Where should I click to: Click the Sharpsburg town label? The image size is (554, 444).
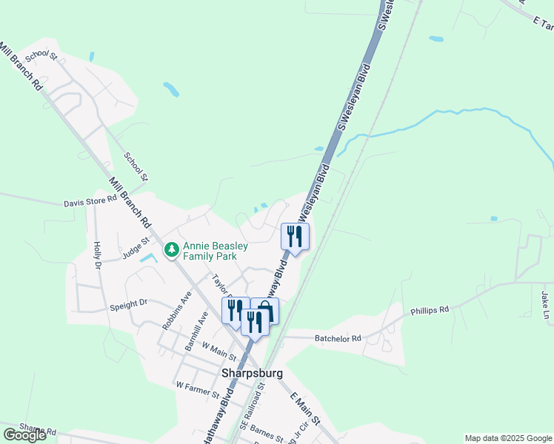click(x=253, y=374)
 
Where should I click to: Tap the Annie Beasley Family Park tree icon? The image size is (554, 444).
click(x=172, y=250)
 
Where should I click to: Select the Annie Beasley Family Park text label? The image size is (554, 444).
click(x=210, y=251)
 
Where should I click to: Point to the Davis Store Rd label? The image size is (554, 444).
click(x=90, y=201)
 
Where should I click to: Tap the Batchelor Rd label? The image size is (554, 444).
click(x=337, y=338)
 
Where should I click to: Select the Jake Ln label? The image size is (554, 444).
click(x=545, y=305)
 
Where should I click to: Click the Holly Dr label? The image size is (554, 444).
click(x=96, y=255)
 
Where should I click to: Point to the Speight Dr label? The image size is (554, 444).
click(x=129, y=302)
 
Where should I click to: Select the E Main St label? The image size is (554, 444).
click(x=304, y=408)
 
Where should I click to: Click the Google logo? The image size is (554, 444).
click(x=24, y=435)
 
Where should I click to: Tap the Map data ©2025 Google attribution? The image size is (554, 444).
click(x=509, y=438)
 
